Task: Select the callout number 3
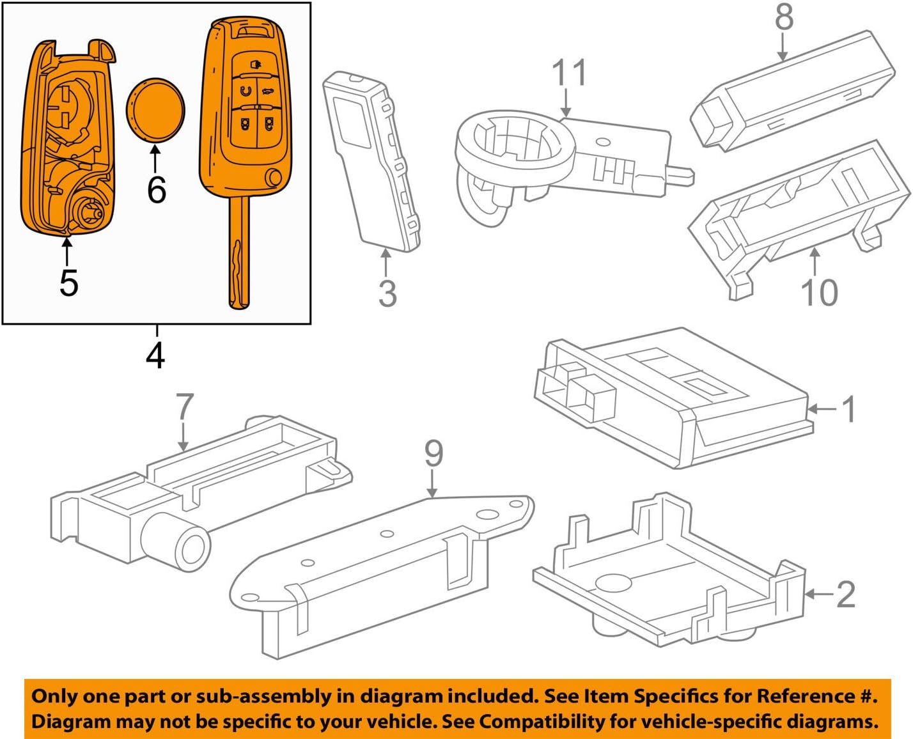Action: (x=387, y=293)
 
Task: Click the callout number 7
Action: (x=184, y=407)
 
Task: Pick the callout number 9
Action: (x=433, y=454)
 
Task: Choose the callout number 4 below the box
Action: (x=155, y=355)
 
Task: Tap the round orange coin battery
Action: (x=155, y=108)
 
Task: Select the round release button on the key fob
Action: (x=274, y=177)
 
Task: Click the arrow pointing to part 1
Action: (x=822, y=408)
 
